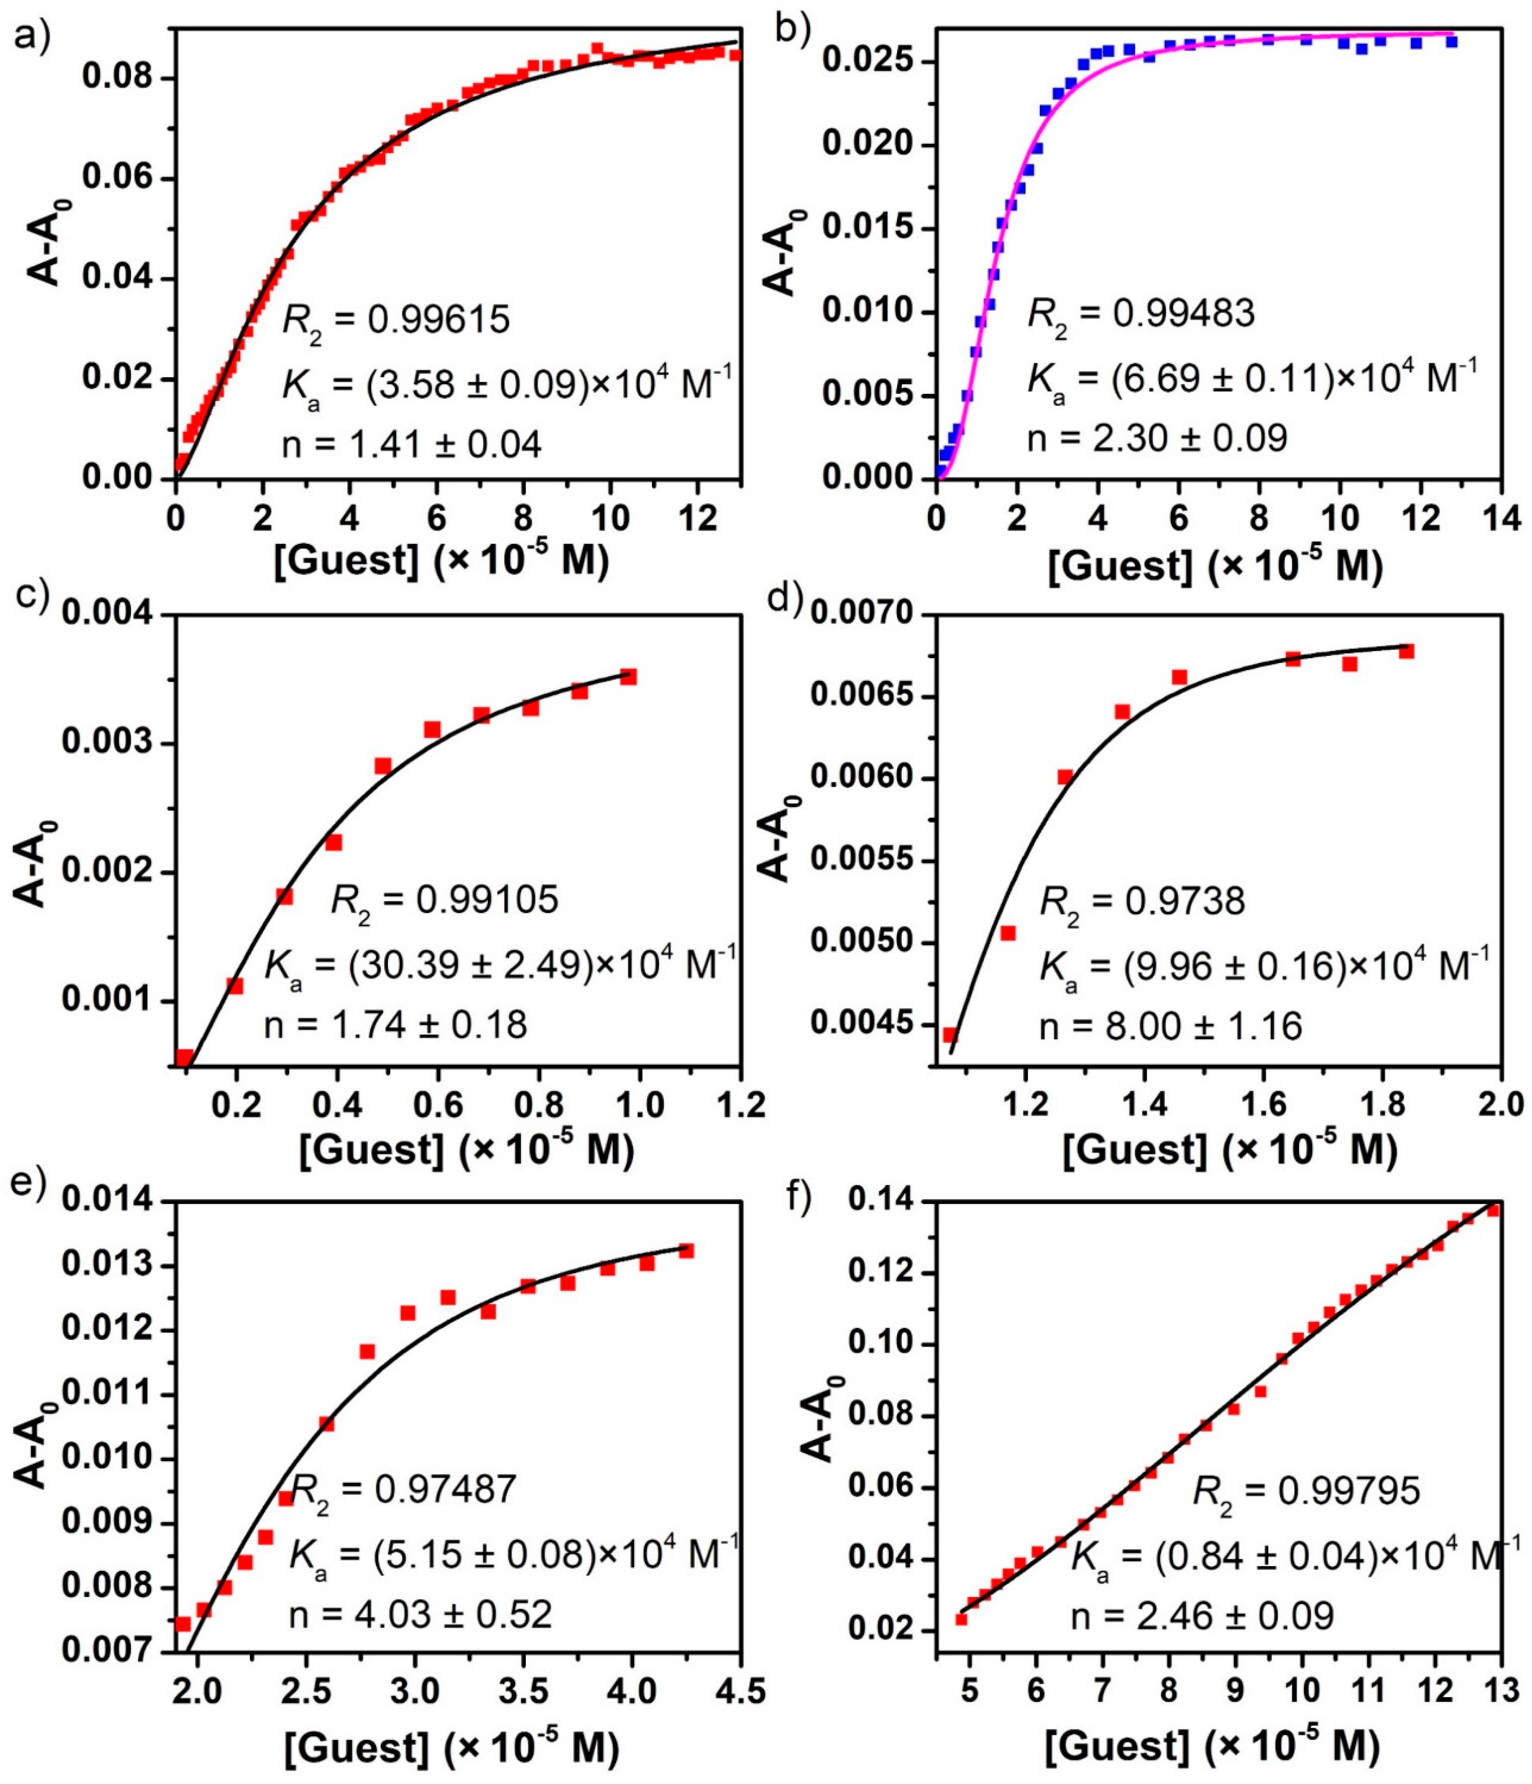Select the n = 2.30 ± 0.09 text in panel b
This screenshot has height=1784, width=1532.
(x=1156, y=438)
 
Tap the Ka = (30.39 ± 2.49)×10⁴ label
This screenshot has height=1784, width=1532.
(x=500, y=966)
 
